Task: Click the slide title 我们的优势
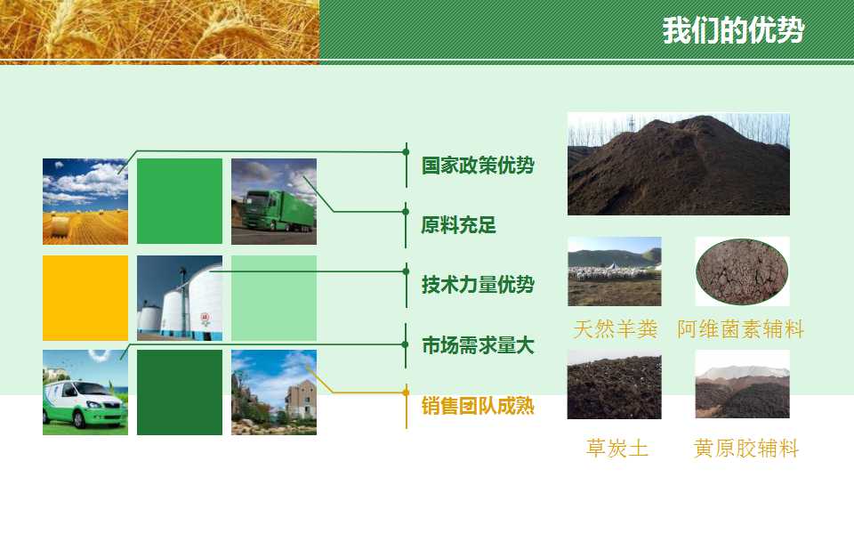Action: (x=732, y=30)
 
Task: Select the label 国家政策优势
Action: (x=478, y=166)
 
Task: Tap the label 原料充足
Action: (x=459, y=224)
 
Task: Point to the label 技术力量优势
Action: (x=478, y=285)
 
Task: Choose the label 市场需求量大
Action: (x=478, y=345)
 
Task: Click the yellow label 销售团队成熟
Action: (x=478, y=406)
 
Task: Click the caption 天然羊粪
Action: (x=616, y=329)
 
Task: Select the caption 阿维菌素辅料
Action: (x=741, y=329)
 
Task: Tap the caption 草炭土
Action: (x=617, y=448)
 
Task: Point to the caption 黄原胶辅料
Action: (x=746, y=448)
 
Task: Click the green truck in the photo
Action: (x=278, y=210)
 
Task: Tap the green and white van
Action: (x=85, y=404)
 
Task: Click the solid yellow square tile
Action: (x=85, y=298)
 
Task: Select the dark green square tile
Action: (x=180, y=392)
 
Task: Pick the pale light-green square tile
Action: (x=274, y=298)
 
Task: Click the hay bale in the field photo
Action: (x=60, y=226)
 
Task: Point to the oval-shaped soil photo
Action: (x=742, y=271)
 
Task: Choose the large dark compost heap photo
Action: (x=679, y=164)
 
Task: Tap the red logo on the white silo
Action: (x=205, y=319)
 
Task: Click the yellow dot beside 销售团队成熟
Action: (x=406, y=392)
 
